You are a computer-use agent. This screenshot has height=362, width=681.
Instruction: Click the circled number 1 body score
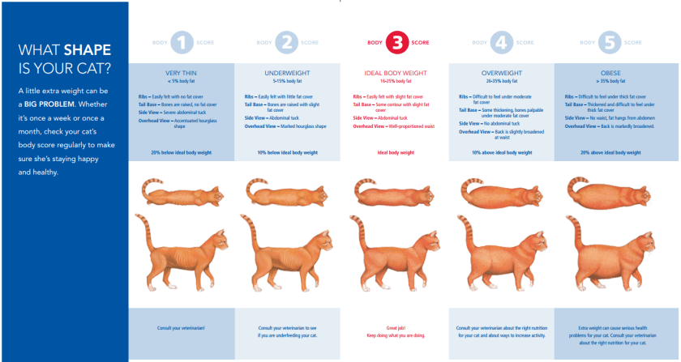click(182, 42)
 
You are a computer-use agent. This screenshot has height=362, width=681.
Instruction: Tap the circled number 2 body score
click(288, 42)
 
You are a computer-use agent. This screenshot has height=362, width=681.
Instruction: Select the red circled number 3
click(397, 42)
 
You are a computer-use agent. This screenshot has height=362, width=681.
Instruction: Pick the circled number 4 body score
click(503, 42)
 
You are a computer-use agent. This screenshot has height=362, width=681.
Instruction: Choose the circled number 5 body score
click(610, 42)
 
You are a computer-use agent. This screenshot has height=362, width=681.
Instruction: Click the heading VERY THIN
click(182, 73)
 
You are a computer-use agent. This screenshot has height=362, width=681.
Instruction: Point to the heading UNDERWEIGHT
click(288, 73)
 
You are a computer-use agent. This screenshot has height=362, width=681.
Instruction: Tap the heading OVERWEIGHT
click(503, 73)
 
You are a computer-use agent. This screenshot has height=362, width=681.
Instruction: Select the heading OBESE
click(610, 73)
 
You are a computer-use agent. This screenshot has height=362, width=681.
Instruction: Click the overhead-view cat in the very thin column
click(183, 193)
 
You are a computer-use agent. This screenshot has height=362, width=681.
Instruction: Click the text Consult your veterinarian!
click(182, 327)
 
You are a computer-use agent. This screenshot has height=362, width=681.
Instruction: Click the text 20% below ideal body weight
click(182, 152)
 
